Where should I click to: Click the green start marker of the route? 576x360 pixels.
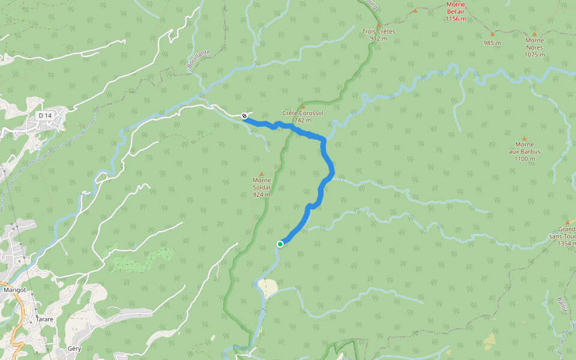pos(280,244)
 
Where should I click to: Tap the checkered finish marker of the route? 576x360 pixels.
pos(245,116)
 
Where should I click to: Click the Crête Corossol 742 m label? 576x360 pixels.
pos(303,116)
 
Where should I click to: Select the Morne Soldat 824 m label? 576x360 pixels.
pos(262,187)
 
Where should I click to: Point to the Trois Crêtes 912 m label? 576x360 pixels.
pos(379,34)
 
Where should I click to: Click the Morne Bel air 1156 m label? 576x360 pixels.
pos(456,11)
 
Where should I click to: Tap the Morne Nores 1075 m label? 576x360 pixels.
pos(535,47)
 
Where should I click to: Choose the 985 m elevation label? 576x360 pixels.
pos(492,43)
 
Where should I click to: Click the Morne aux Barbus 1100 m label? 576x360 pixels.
pos(524,151)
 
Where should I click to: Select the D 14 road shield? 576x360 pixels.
pos(44,115)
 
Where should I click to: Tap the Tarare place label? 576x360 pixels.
pos(44,319)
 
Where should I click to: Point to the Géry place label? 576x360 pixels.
pos(74,348)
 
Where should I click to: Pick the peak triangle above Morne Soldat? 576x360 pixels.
pos(261,174)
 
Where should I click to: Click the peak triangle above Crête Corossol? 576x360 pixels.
pos(302,107)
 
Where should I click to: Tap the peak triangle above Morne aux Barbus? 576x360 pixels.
pos(524,138)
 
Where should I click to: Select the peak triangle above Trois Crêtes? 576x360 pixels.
pos(379,25)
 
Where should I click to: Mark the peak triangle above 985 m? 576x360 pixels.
pos(492,34)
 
